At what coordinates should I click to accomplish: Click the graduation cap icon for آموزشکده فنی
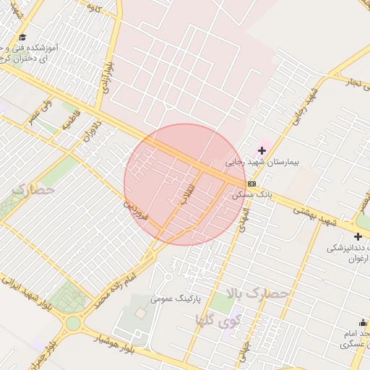(22, 37)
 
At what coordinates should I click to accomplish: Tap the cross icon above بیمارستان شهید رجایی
(262, 150)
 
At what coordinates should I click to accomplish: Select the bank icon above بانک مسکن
(251, 184)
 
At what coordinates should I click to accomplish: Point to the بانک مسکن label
(249, 195)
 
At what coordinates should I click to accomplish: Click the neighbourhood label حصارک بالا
(257, 294)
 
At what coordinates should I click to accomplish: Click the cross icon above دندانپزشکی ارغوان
(358, 236)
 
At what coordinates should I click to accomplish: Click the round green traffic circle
(72, 323)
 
